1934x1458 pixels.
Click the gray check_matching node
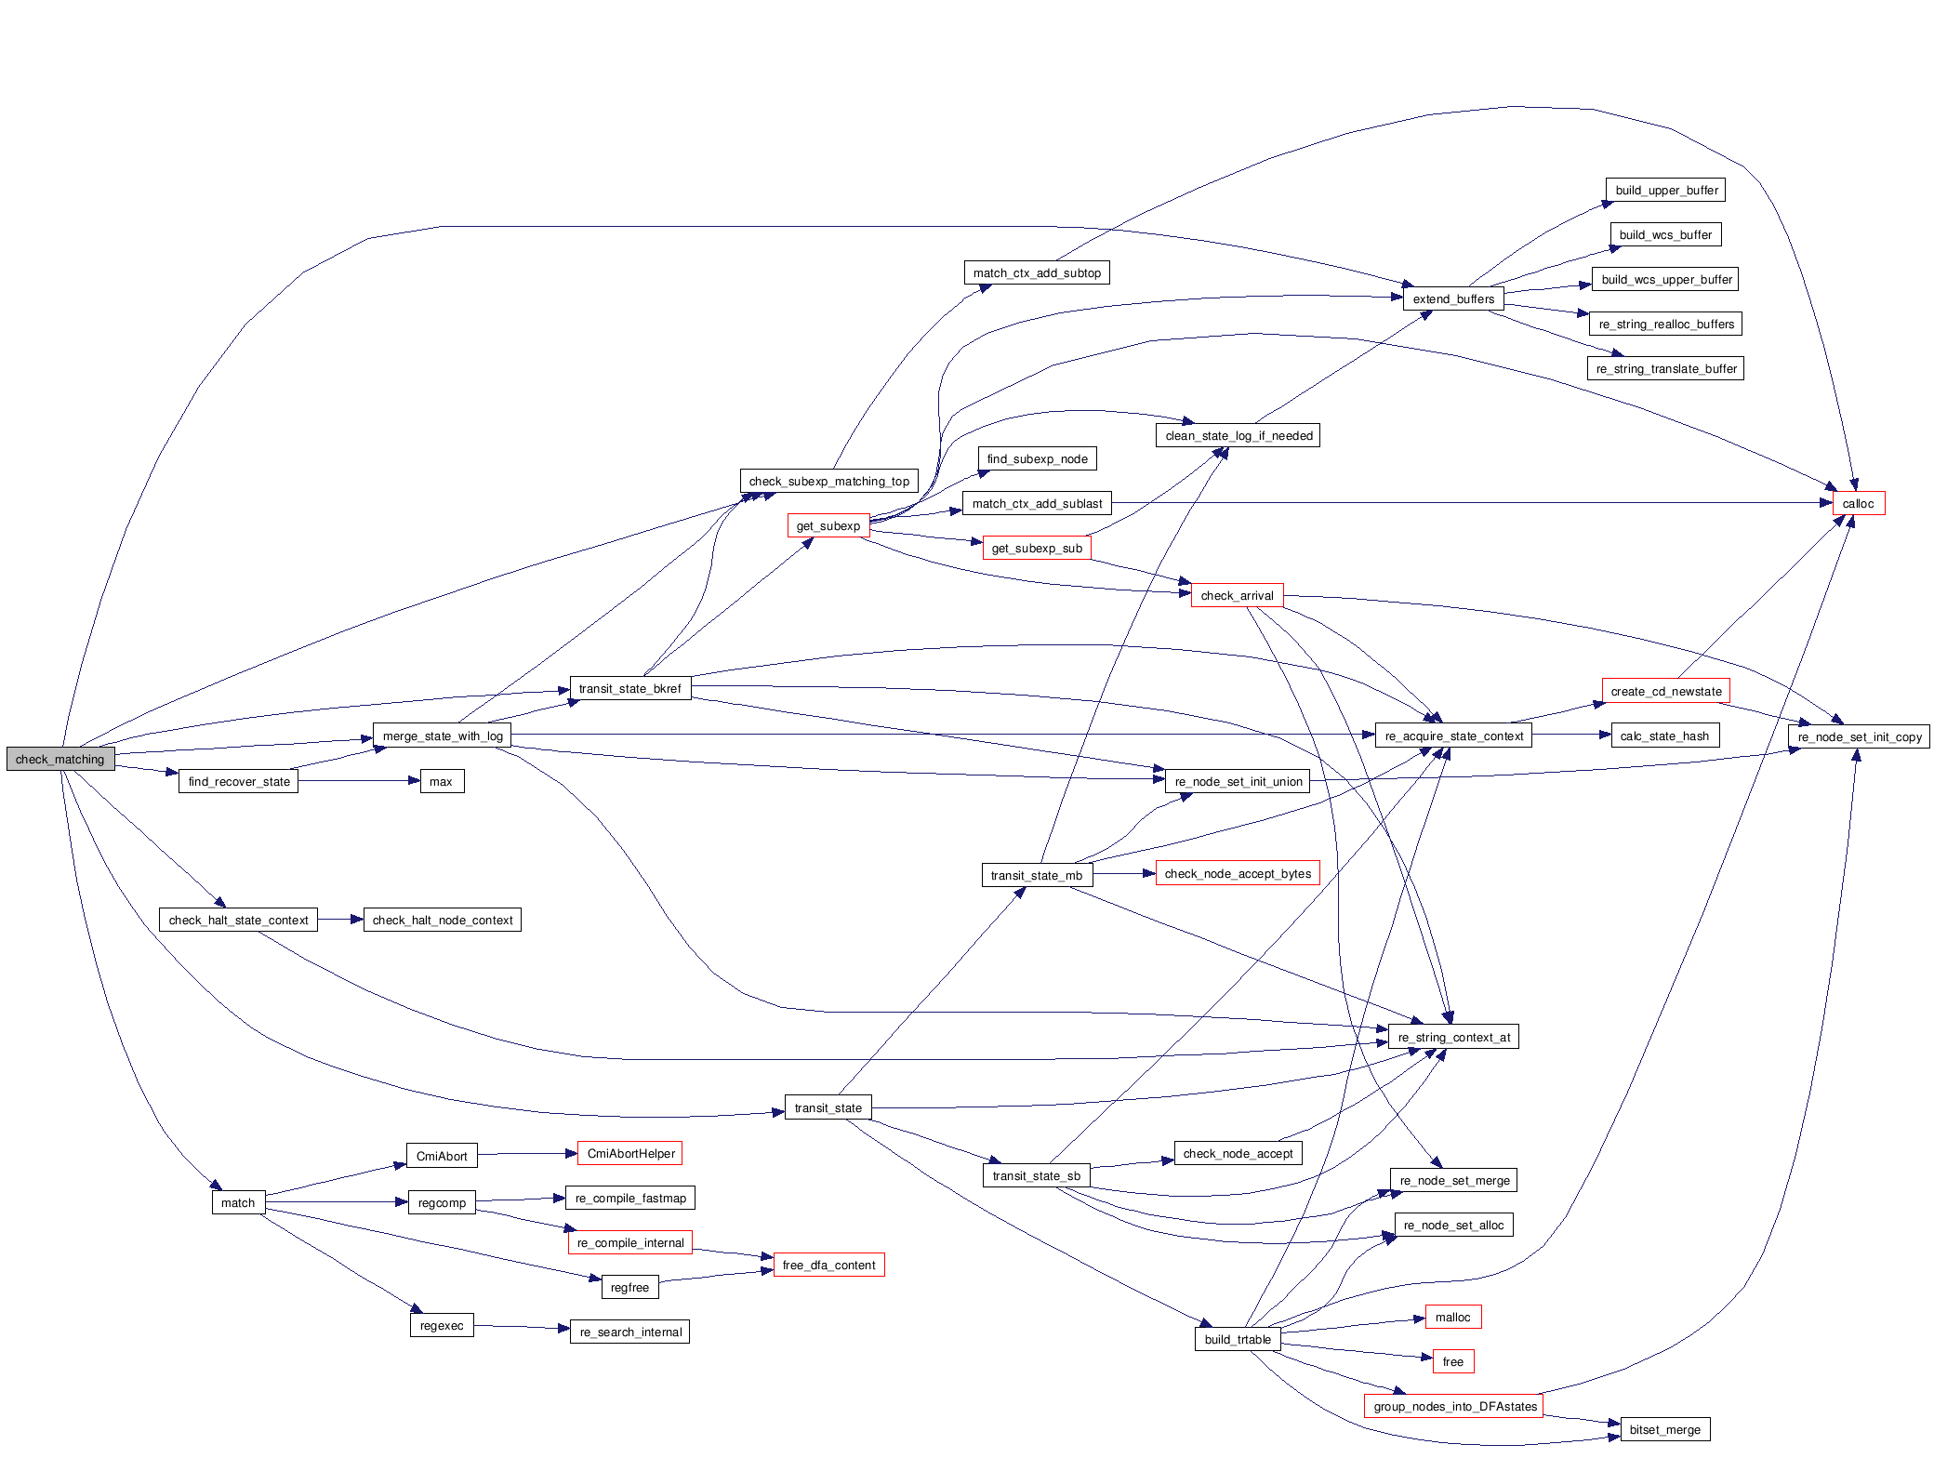click(60, 759)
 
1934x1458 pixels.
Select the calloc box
click(1858, 503)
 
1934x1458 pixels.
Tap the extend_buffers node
click(1453, 298)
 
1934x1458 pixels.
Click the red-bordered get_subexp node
click(828, 525)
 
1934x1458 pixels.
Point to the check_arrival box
click(1237, 595)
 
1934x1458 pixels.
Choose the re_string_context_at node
click(1453, 1037)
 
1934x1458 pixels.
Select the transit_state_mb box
click(1036, 875)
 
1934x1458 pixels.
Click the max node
click(442, 781)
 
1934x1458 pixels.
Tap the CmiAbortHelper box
click(630, 1153)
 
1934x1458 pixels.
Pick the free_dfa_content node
click(828, 1265)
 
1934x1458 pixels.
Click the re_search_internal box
click(630, 1332)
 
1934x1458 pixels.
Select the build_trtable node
click(1237, 1339)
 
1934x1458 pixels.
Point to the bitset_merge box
click(1664, 1429)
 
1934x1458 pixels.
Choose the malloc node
click(1452, 1317)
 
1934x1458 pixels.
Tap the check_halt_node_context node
click(442, 920)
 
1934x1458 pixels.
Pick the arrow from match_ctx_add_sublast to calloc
click(1469, 503)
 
